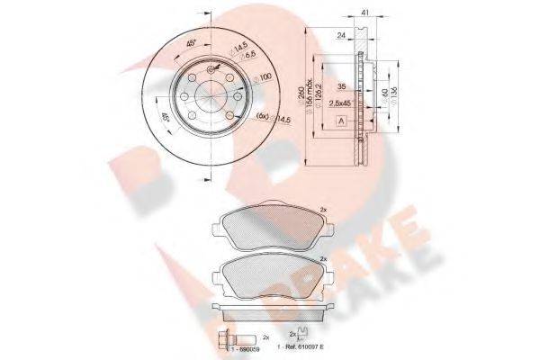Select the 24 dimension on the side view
(x=341, y=36)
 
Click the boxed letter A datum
(x=341, y=121)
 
